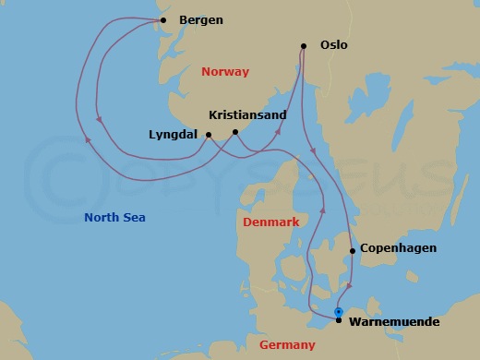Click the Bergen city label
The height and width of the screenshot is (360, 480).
(200, 20)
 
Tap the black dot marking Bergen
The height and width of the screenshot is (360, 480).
(162, 20)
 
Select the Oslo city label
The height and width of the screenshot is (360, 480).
(334, 44)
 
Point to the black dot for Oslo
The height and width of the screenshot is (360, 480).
(303, 45)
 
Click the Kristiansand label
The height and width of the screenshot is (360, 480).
(247, 115)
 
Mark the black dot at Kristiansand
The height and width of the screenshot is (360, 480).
(236, 132)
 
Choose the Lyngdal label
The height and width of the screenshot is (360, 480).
(174, 135)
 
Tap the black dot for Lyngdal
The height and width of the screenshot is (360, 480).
(208, 135)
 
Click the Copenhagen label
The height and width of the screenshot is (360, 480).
(398, 248)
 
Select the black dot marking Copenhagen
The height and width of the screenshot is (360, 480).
(353, 250)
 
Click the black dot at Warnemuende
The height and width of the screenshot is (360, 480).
(339, 320)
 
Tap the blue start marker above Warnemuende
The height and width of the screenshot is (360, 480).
(339, 311)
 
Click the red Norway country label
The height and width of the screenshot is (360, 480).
(224, 71)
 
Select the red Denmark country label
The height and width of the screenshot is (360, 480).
(270, 222)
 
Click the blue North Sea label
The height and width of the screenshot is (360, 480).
(115, 217)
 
